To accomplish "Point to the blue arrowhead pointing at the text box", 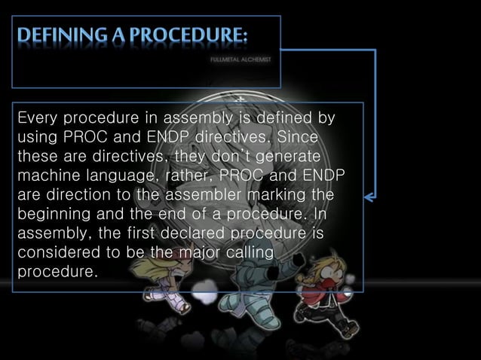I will point(369,197).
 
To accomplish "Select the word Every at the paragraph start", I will point(38,119).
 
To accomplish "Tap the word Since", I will point(298,139).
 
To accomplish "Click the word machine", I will point(48,177).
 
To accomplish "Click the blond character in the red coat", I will point(323,294).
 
